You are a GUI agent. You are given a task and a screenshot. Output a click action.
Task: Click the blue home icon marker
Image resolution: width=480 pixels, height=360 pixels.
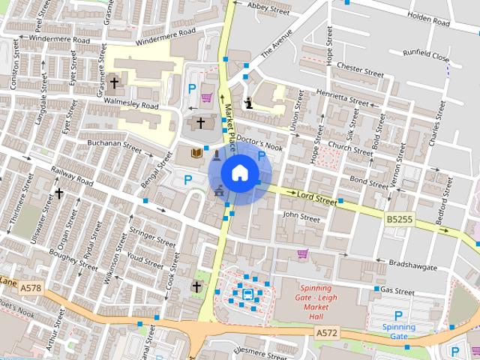[x=239, y=173]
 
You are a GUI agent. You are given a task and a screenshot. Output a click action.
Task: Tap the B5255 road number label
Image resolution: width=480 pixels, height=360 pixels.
[x=400, y=220]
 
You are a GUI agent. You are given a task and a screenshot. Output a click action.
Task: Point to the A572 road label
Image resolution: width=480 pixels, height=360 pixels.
[x=326, y=332]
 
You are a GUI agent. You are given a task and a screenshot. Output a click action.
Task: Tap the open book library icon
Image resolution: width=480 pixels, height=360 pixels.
[x=196, y=152]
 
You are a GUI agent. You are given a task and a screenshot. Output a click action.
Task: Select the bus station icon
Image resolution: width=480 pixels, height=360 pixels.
[x=246, y=294]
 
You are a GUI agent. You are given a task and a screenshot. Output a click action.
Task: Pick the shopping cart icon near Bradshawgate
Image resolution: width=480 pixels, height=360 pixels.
[x=302, y=253]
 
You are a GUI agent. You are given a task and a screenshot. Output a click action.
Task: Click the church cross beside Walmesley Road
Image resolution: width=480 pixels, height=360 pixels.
[x=115, y=82]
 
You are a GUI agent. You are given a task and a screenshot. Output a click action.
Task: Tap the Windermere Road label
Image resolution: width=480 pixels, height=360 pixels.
[x=166, y=35]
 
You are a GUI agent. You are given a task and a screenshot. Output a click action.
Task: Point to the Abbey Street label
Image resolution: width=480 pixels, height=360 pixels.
[x=268, y=9]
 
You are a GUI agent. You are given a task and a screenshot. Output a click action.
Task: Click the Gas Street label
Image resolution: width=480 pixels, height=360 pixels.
[x=397, y=290]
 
